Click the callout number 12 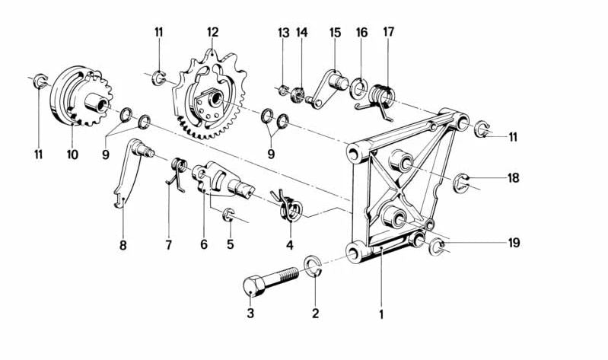pos(212,33)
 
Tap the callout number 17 pos(389,33)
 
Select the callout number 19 pos(514,244)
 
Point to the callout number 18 pos(514,179)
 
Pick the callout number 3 pos(249,313)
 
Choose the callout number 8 pos(123,245)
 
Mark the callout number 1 pos(381,313)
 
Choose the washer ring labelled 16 pos(358,91)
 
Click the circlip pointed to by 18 pos(463,183)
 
